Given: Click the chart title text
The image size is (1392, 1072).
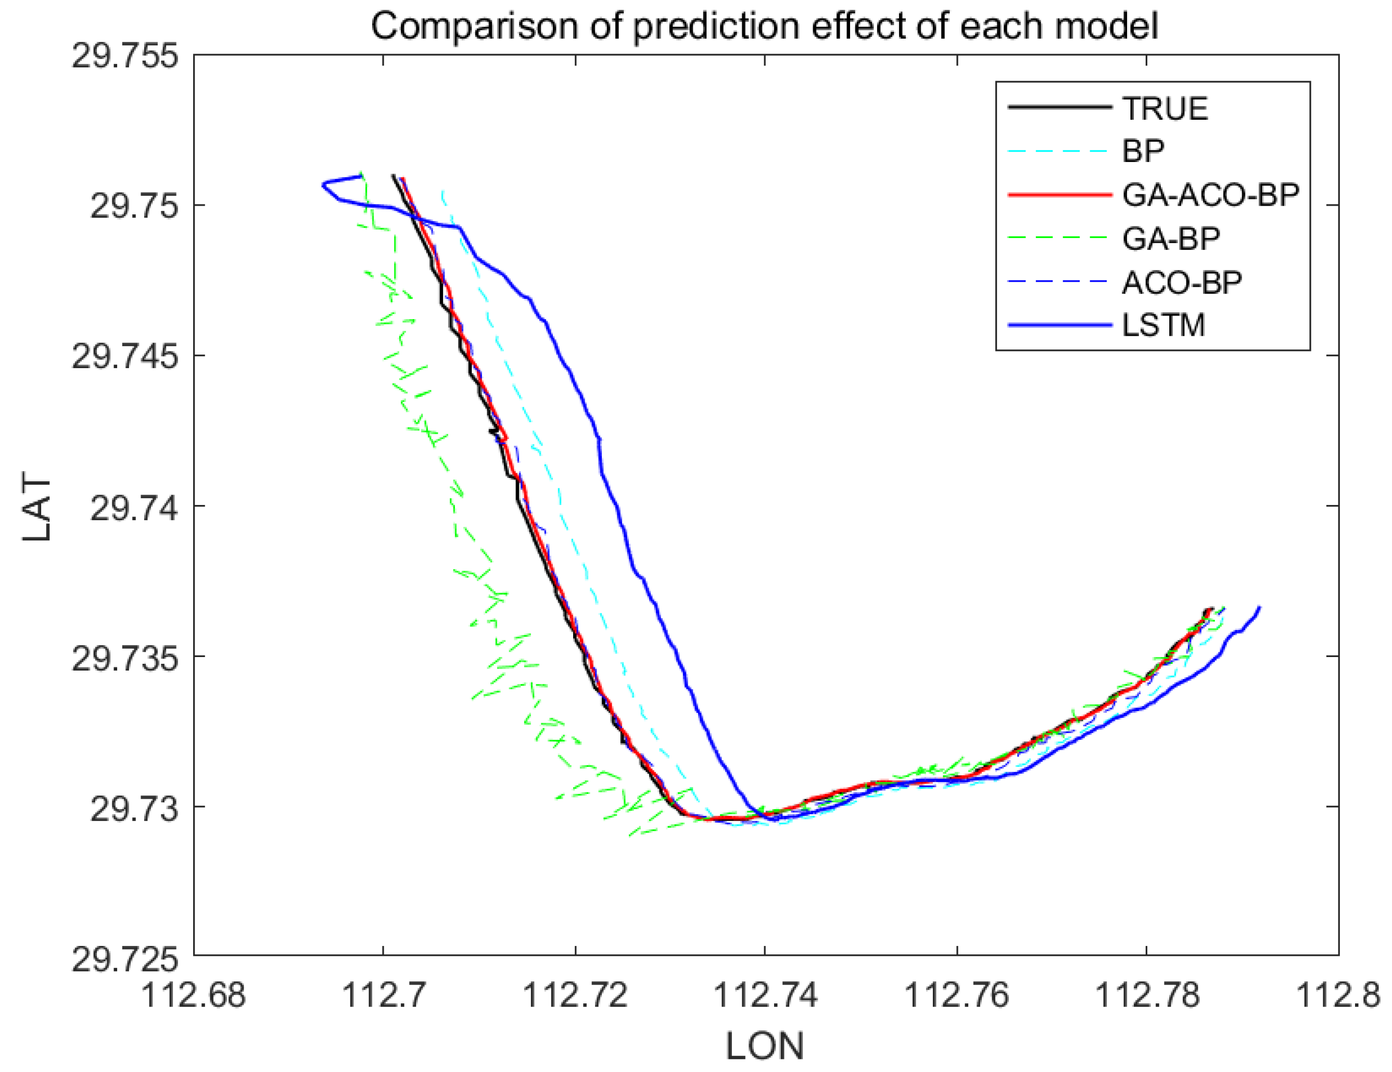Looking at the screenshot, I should [x=764, y=27].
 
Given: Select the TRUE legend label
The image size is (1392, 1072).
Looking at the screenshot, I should [x=1165, y=109].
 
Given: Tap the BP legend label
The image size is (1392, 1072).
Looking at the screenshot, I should [x=1143, y=152].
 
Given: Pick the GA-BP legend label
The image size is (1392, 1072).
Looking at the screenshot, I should [x=1171, y=239].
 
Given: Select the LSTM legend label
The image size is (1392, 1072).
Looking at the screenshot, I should [x=1163, y=326].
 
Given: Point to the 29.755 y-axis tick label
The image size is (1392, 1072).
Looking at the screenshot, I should [x=124, y=56].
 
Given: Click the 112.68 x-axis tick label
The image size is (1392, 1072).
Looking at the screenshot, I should [x=193, y=995].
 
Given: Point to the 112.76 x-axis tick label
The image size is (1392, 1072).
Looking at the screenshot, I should [x=957, y=995].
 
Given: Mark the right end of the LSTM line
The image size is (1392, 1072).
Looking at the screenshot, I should [x=1260, y=607].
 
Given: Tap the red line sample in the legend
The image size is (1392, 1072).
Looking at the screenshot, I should [x=1059, y=195].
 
